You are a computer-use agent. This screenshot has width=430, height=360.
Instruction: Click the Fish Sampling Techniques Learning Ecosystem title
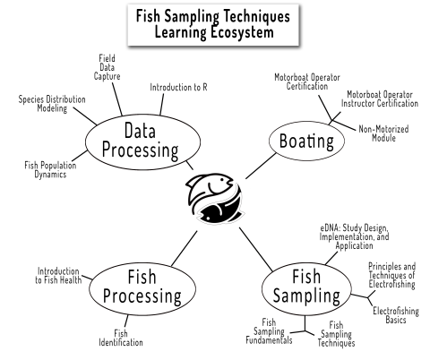tap(214, 24)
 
